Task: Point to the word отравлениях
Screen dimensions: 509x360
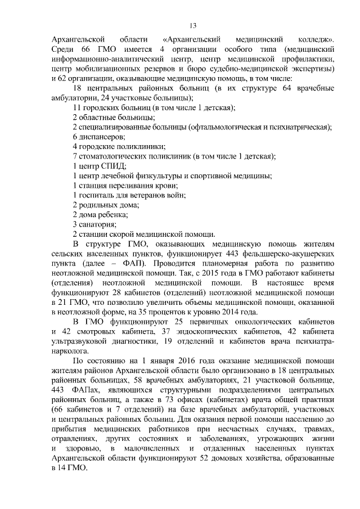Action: (x=74, y=439)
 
